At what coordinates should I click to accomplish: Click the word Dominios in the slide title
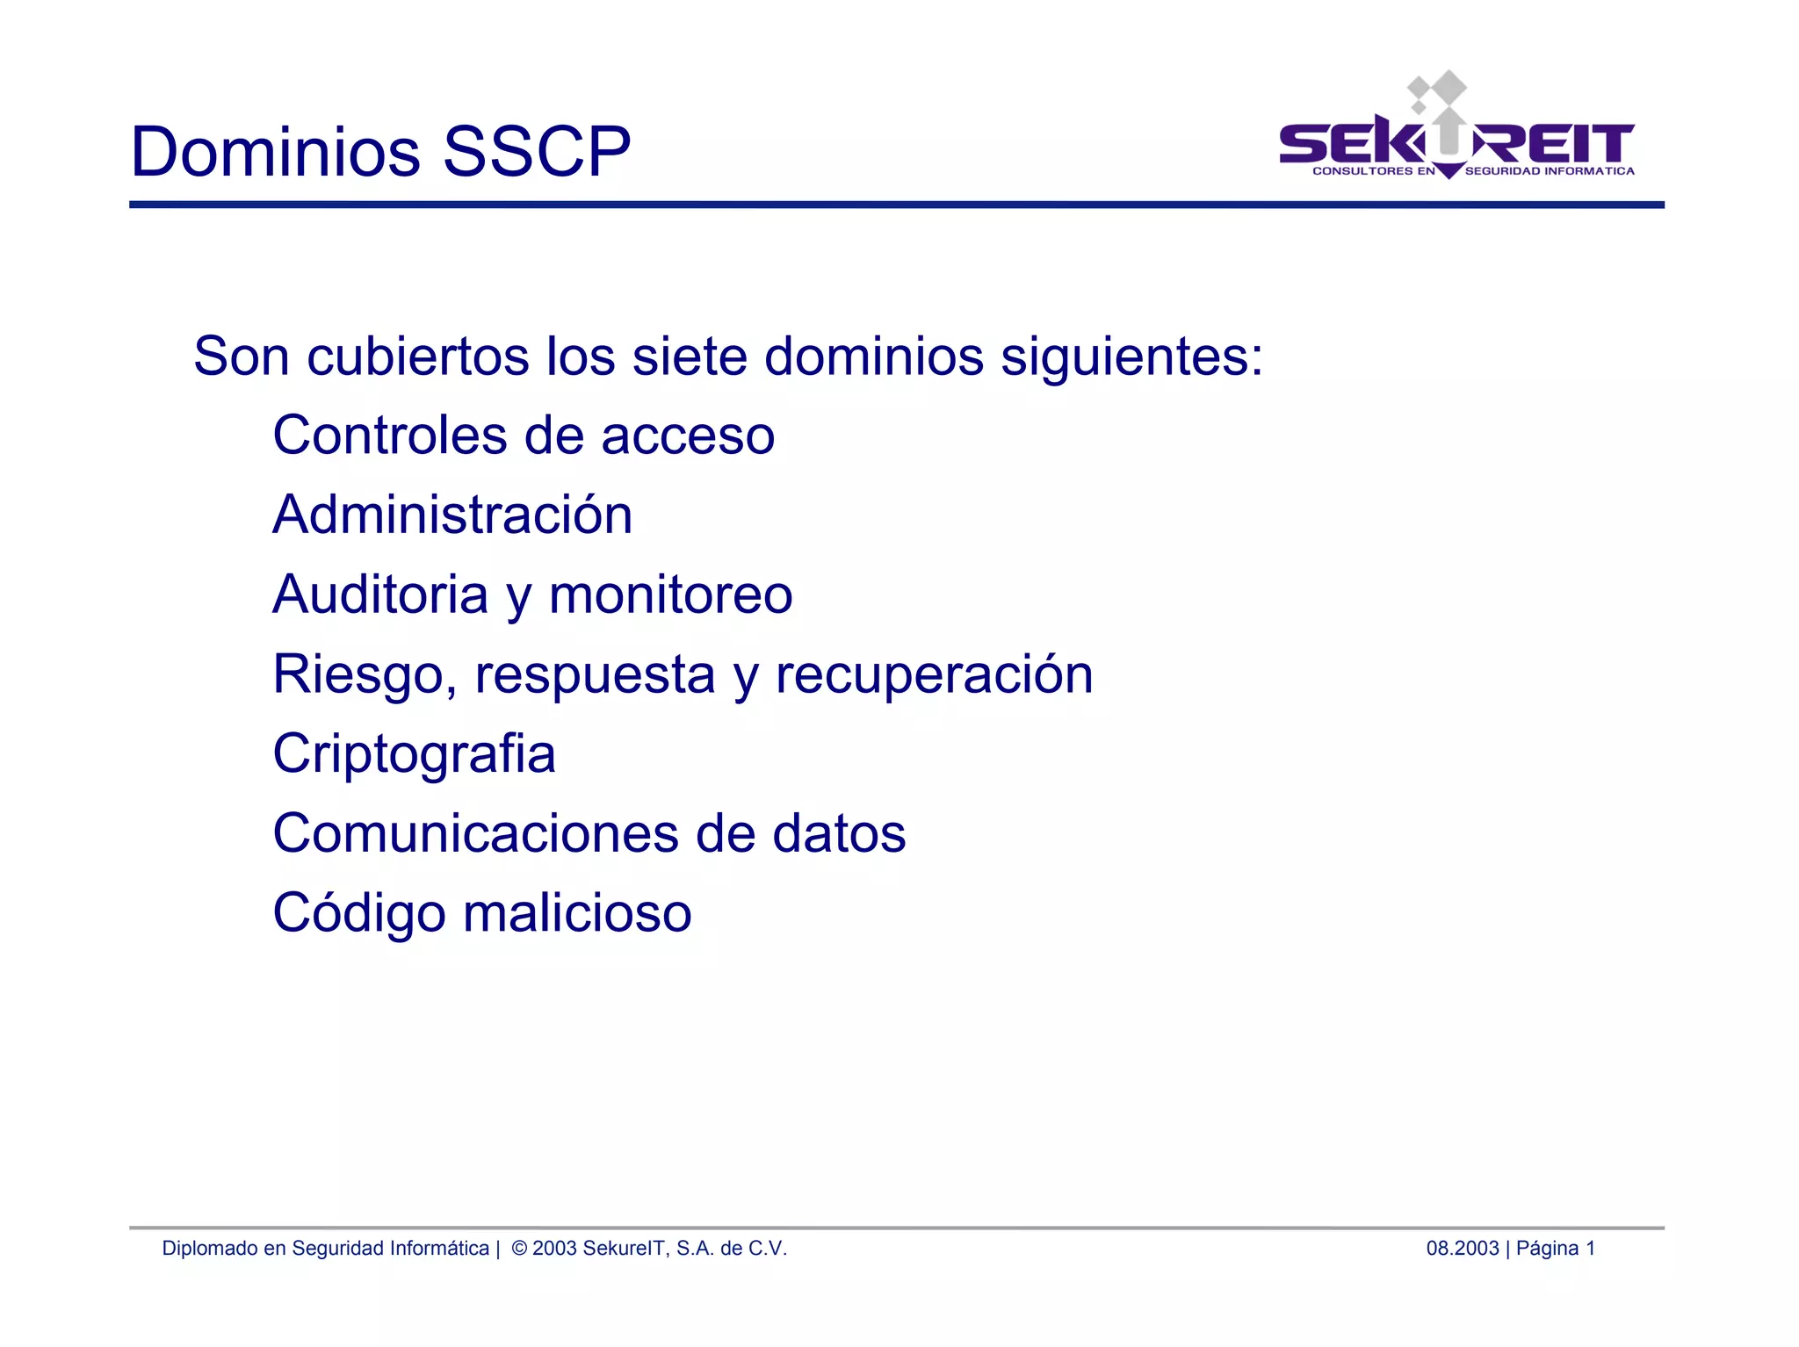276,152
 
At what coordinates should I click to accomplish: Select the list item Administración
452,515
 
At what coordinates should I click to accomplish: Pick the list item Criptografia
414,754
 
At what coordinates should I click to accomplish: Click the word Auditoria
380,594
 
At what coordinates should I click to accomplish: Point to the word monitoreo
670,594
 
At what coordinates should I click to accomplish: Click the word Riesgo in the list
364,675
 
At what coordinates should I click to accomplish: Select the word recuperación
934,675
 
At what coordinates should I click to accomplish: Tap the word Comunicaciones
476,833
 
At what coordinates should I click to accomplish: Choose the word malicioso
577,913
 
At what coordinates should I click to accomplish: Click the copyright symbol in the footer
518,1249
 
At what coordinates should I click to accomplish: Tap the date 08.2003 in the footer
1462,1249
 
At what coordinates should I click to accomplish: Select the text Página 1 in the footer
1555,1249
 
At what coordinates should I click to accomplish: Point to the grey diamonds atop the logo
1437,90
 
